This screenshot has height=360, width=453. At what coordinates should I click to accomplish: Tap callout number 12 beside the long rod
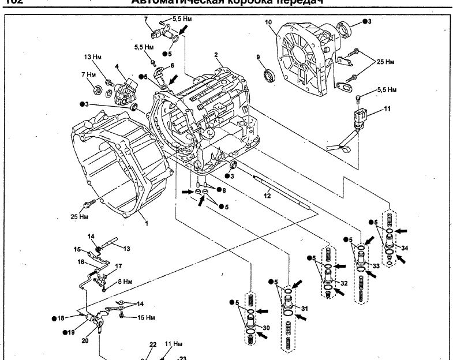tap(267, 196)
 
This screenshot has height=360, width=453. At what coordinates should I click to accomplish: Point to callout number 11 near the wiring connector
tap(387, 108)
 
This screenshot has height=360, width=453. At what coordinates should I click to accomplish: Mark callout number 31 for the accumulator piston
tap(305, 306)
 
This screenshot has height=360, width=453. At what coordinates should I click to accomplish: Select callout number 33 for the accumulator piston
tap(376, 266)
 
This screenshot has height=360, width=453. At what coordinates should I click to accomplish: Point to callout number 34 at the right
tap(405, 248)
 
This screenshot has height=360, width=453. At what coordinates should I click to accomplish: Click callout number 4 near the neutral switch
tap(117, 66)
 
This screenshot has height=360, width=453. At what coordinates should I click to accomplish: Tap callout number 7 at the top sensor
tap(147, 19)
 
